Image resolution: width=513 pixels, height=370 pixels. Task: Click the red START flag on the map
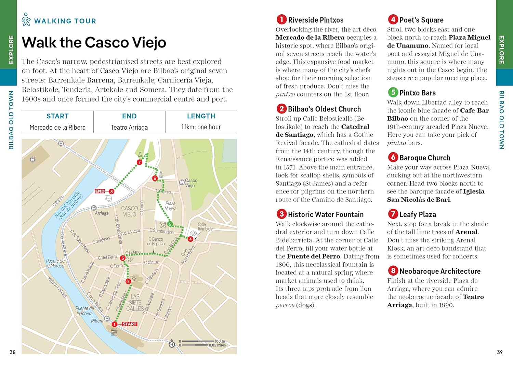click(129, 324)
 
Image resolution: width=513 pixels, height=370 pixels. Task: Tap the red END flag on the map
click(100, 191)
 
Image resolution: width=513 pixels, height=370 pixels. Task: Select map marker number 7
click(139, 162)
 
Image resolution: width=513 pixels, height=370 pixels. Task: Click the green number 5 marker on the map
click(170, 224)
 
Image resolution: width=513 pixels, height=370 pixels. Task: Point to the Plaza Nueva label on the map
click(170, 206)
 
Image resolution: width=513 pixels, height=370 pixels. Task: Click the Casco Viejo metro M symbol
click(182, 182)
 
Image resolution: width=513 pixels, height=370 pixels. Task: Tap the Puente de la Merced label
click(55, 263)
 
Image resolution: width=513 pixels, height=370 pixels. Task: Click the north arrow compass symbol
click(172, 344)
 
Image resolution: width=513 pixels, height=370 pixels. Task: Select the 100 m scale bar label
click(220, 341)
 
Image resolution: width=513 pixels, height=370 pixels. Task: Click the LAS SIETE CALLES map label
click(135, 303)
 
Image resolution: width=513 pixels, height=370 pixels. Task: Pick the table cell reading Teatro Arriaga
click(129, 127)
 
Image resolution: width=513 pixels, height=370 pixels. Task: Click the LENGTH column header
click(201, 116)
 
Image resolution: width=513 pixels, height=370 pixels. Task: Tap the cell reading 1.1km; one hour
click(201, 127)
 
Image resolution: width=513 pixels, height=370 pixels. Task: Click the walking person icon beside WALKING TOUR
click(26, 19)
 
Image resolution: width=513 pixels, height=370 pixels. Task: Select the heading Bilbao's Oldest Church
click(324, 109)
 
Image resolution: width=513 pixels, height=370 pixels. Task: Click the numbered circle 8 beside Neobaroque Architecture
click(393, 271)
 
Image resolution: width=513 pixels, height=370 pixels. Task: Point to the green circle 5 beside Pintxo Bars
click(393, 92)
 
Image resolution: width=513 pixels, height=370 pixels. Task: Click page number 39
click(500, 352)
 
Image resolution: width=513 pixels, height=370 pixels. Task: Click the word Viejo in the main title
click(149, 42)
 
